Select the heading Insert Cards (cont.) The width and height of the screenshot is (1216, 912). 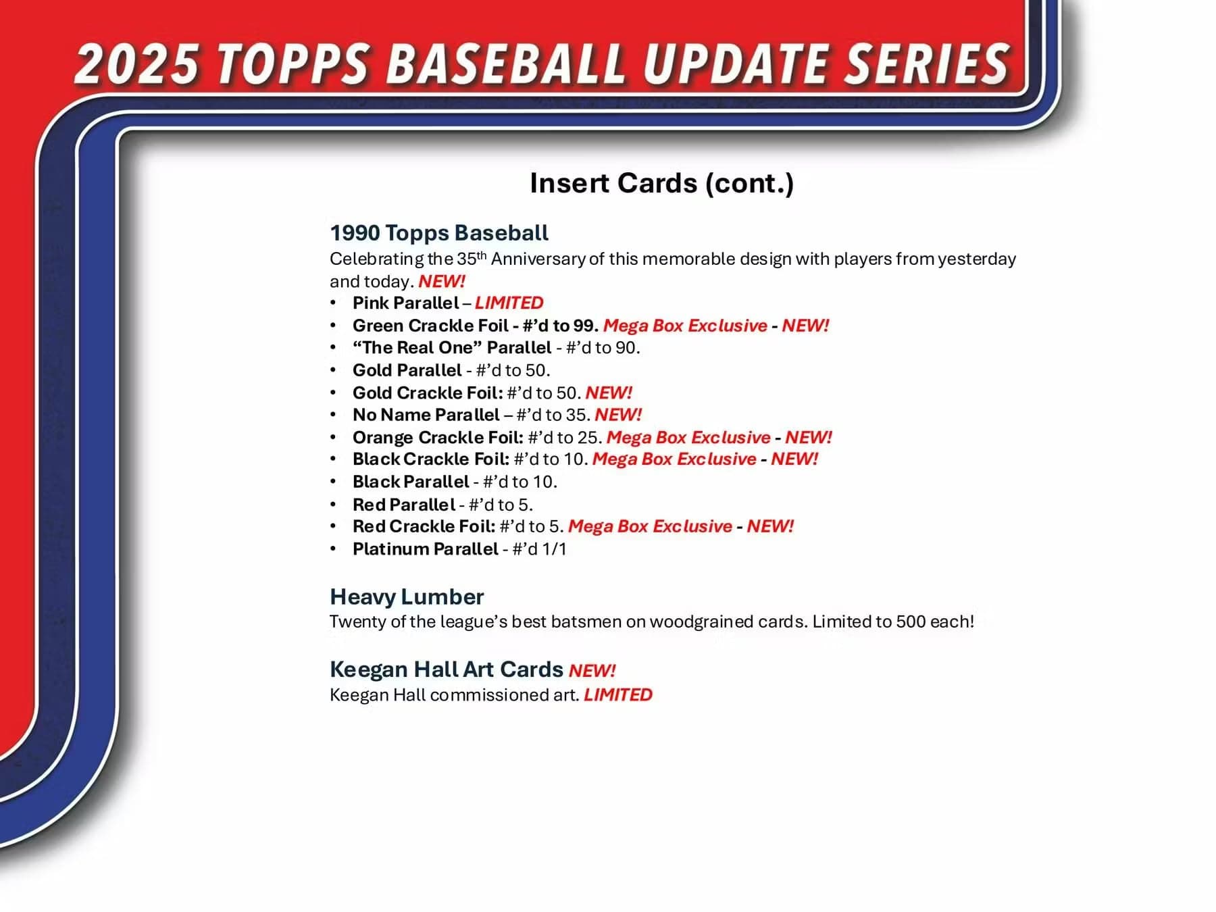661,183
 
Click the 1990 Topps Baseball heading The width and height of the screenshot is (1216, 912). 439,233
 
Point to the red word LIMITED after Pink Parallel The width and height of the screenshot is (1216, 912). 509,303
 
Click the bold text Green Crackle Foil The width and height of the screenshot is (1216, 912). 430,326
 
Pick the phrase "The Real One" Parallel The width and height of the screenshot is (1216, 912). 452,348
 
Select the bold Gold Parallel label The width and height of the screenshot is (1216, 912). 407,370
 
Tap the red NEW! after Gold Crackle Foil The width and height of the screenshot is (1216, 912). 609,392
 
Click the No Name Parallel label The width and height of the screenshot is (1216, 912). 426,415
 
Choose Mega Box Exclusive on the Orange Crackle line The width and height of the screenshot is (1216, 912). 688,437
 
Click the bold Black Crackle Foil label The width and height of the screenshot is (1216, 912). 430,459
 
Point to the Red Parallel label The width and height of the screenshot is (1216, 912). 403,505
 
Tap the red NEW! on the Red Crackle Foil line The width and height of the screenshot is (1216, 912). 770,526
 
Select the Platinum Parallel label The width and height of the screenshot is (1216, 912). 425,549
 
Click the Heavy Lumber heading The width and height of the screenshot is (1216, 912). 407,597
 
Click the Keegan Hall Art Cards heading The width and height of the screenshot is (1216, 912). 446,669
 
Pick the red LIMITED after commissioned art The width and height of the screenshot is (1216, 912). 618,695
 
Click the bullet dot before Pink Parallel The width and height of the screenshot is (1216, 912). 333,303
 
